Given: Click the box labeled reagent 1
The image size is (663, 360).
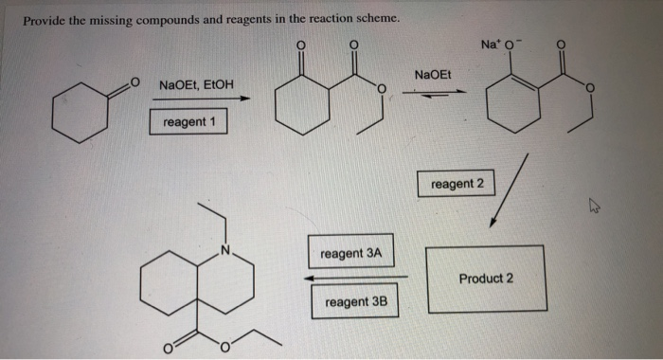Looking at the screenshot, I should [x=188, y=122].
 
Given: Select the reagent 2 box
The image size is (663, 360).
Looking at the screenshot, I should [x=457, y=184].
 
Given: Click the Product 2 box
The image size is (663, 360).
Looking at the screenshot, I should [x=486, y=279].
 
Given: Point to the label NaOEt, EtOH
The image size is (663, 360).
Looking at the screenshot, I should [x=196, y=84].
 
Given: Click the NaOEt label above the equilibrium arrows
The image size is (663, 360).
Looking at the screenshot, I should [x=434, y=74].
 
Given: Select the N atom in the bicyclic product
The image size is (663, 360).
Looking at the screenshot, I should [x=224, y=250].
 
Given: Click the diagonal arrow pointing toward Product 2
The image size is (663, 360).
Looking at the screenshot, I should [x=506, y=192].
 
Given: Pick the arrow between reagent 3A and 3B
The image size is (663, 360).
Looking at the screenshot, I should [x=354, y=278].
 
